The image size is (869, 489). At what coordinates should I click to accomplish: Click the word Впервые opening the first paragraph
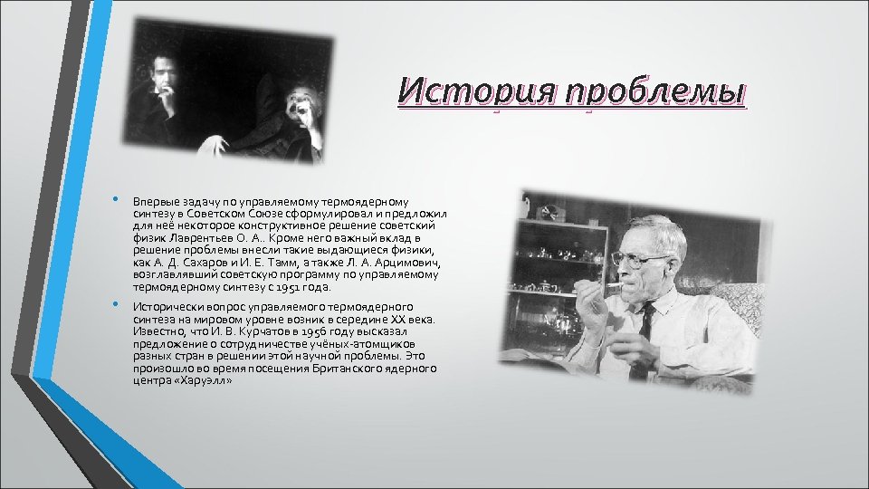click(155, 200)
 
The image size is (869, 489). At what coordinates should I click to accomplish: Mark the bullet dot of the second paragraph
click(114, 304)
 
